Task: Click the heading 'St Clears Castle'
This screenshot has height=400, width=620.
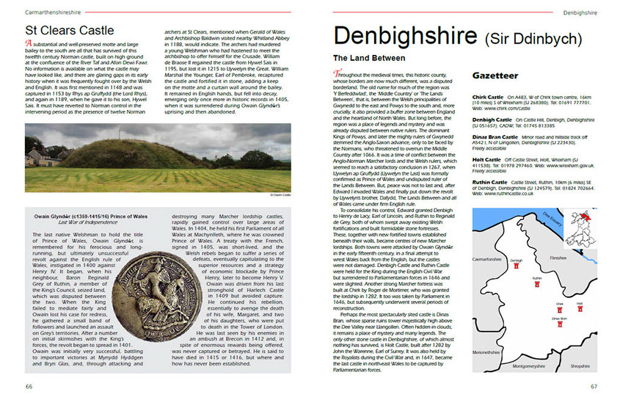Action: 70,30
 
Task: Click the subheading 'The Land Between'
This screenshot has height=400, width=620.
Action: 368,57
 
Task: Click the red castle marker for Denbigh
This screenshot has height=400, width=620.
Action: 517,267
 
